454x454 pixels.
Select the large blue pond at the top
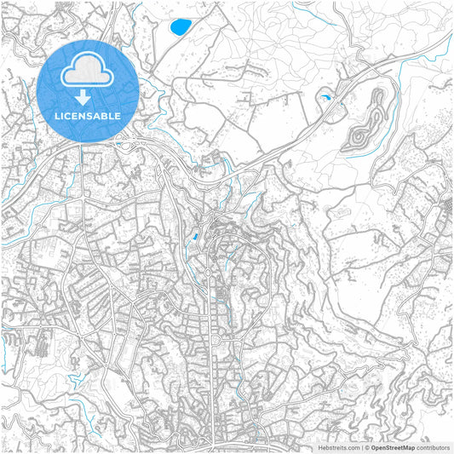click(181, 27)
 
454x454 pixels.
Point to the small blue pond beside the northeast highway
click(325, 99)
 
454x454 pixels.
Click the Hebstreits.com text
click(337, 446)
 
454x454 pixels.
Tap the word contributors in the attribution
click(433, 446)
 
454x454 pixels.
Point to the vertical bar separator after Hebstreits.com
click(361, 446)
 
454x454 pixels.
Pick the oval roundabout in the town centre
click(209, 273)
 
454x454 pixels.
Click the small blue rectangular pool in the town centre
click(196, 236)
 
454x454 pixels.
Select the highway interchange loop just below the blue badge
click(128, 146)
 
